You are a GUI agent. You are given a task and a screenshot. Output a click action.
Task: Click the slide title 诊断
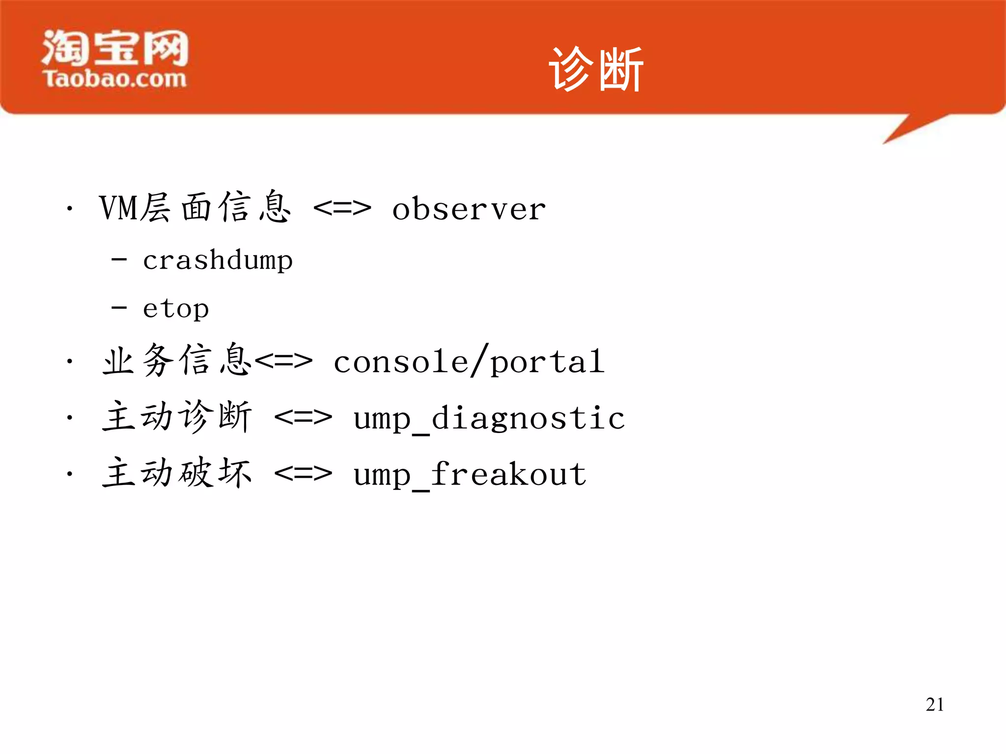[x=595, y=70]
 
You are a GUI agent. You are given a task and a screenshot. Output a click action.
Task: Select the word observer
[x=469, y=209]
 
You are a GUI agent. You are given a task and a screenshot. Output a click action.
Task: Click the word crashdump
[x=218, y=260]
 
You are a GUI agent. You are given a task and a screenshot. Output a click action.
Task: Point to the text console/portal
[x=469, y=362]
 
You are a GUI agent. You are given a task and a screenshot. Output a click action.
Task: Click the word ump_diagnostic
[x=489, y=419]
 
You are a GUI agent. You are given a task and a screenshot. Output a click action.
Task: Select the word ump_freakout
[x=470, y=475]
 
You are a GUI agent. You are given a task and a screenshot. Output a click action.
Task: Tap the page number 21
[x=934, y=704]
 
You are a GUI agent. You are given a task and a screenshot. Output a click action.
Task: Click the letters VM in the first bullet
[x=118, y=208]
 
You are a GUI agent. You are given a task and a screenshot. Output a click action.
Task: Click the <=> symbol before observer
[x=342, y=209]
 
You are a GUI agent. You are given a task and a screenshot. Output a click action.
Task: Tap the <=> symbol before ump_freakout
[x=303, y=474]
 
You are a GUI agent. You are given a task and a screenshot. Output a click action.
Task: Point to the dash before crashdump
[x=119, y=259]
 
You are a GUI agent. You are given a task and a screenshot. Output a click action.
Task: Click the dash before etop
[x=119, y=308]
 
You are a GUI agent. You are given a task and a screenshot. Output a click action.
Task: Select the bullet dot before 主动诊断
[x=70, y=418]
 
